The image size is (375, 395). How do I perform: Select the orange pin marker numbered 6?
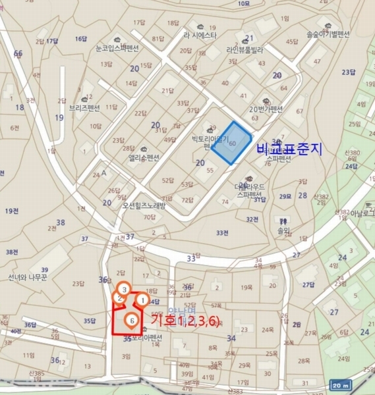point(132,321)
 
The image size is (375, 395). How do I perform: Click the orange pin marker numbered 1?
point(142,300)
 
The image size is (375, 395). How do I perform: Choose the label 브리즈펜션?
point(84,107)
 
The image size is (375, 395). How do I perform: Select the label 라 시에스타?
point(200,36)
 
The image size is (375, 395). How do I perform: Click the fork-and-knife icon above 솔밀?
point(283,222)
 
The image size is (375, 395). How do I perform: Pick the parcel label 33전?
point(222,232)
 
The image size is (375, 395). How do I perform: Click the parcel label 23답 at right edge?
point(349,72)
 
